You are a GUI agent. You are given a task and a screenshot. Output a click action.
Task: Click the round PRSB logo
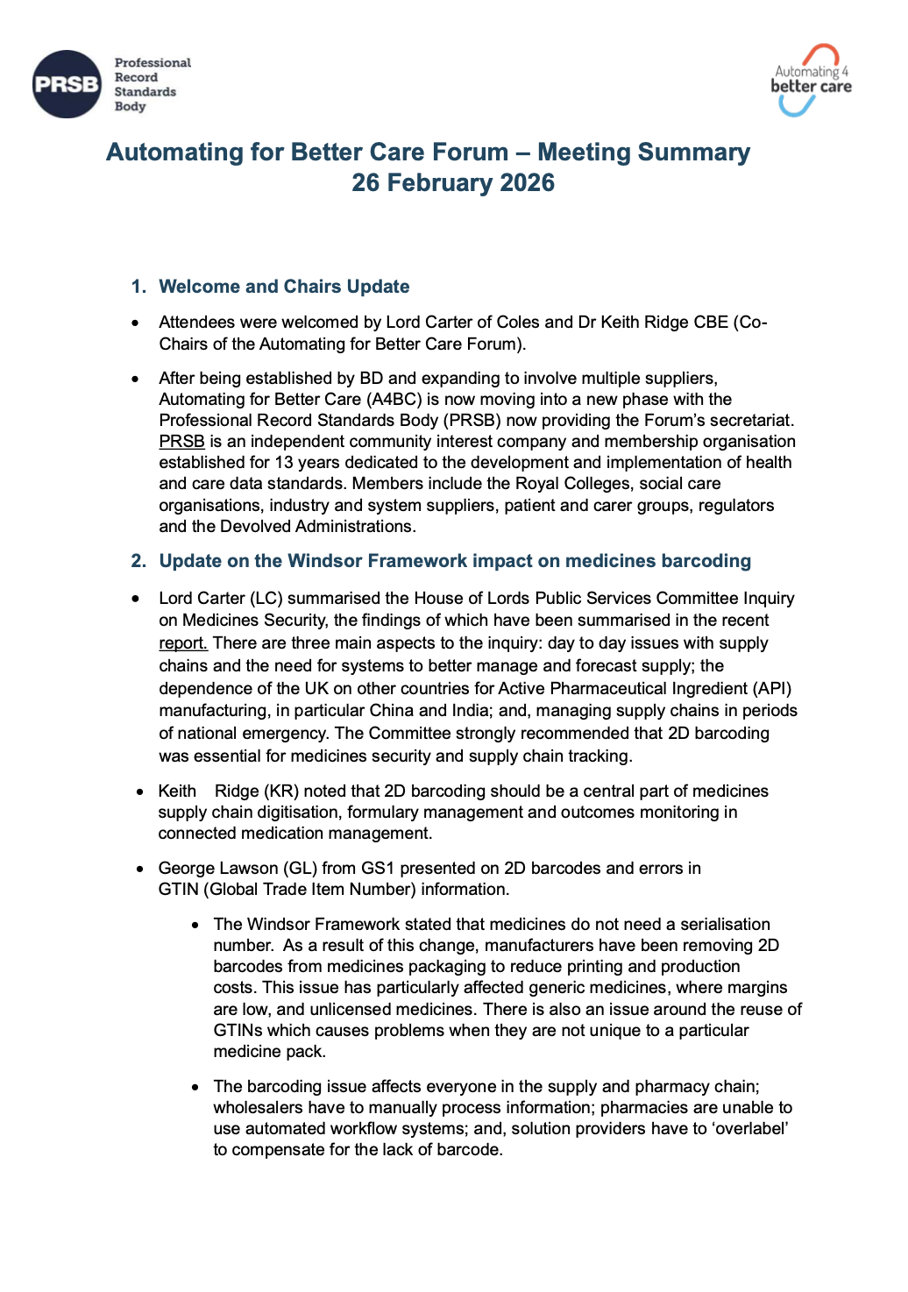point(67,84)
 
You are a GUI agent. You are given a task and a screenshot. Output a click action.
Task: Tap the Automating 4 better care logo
point(811,80)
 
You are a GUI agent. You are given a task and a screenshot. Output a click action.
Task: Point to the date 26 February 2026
point(453,182)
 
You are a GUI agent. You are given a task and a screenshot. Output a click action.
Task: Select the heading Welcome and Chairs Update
point(284,287)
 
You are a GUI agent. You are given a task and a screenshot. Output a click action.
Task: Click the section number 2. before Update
point(138,561)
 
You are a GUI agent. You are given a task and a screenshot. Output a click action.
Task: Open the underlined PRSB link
point(181,442)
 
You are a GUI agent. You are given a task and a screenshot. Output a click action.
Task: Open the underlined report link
point(183,642)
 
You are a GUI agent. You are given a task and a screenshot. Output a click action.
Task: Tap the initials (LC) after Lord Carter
point(266,598)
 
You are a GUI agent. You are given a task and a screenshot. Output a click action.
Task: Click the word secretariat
point(750,421)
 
